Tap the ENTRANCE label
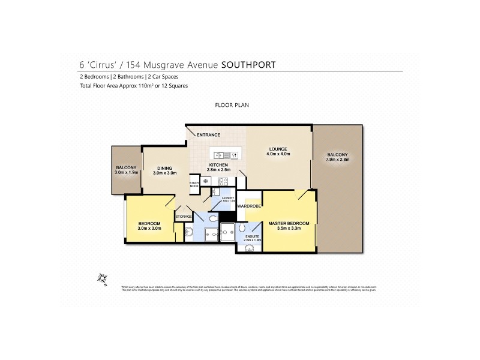coord(208,135)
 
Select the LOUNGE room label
coord(278,149)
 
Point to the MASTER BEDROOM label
coord(288,223)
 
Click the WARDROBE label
coord(248,206)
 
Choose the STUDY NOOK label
coord(194,184)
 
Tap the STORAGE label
coord(184,216)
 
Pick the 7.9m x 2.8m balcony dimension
coord(337,160)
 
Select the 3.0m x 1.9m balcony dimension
coord(127,172)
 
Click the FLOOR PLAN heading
coord(232,105)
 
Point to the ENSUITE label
coord(252,237)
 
